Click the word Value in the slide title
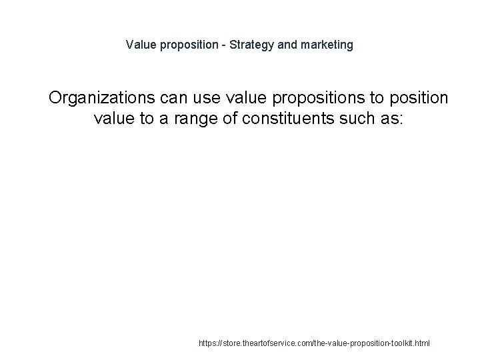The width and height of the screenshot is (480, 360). click(x=140, y=45)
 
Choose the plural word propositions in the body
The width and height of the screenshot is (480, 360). click(x=310, y=99)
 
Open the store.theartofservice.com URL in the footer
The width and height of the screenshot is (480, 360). click(x=315, y=344)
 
